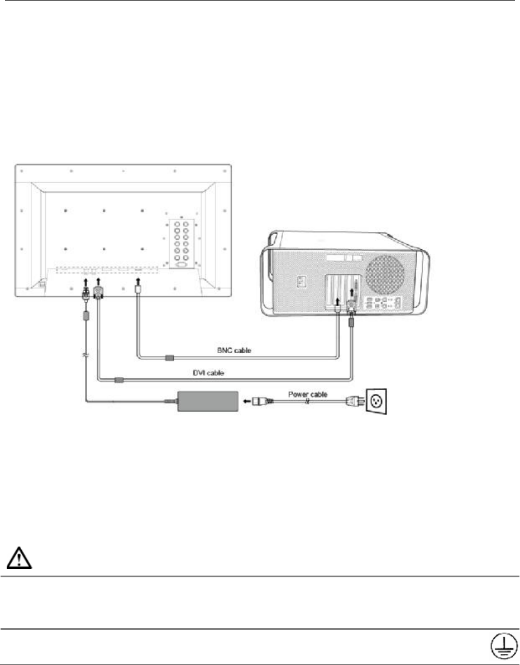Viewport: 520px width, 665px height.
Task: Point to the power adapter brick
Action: pos(207,401)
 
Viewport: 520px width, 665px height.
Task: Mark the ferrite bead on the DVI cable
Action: pos(119,380)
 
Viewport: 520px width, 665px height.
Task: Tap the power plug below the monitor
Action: pos(85,293)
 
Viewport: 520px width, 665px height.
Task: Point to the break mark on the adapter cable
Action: pos(85,355)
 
